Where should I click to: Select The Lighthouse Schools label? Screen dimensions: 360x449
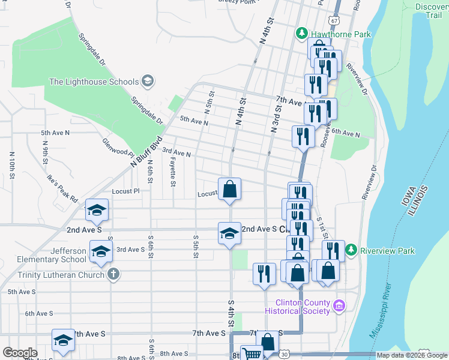point(94,82)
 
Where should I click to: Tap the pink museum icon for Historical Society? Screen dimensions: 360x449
point(339,307)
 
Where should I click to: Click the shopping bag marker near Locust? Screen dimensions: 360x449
point(229,190)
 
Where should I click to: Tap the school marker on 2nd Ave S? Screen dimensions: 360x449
point(229,233)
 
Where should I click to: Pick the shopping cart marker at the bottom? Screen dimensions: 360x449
point(252,354)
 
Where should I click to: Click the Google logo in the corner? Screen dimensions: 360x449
point(20,353)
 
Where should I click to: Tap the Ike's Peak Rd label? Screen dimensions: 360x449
point(64,187)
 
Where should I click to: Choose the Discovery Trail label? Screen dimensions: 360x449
point(431,11)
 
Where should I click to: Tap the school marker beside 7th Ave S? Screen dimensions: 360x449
point(62,340)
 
